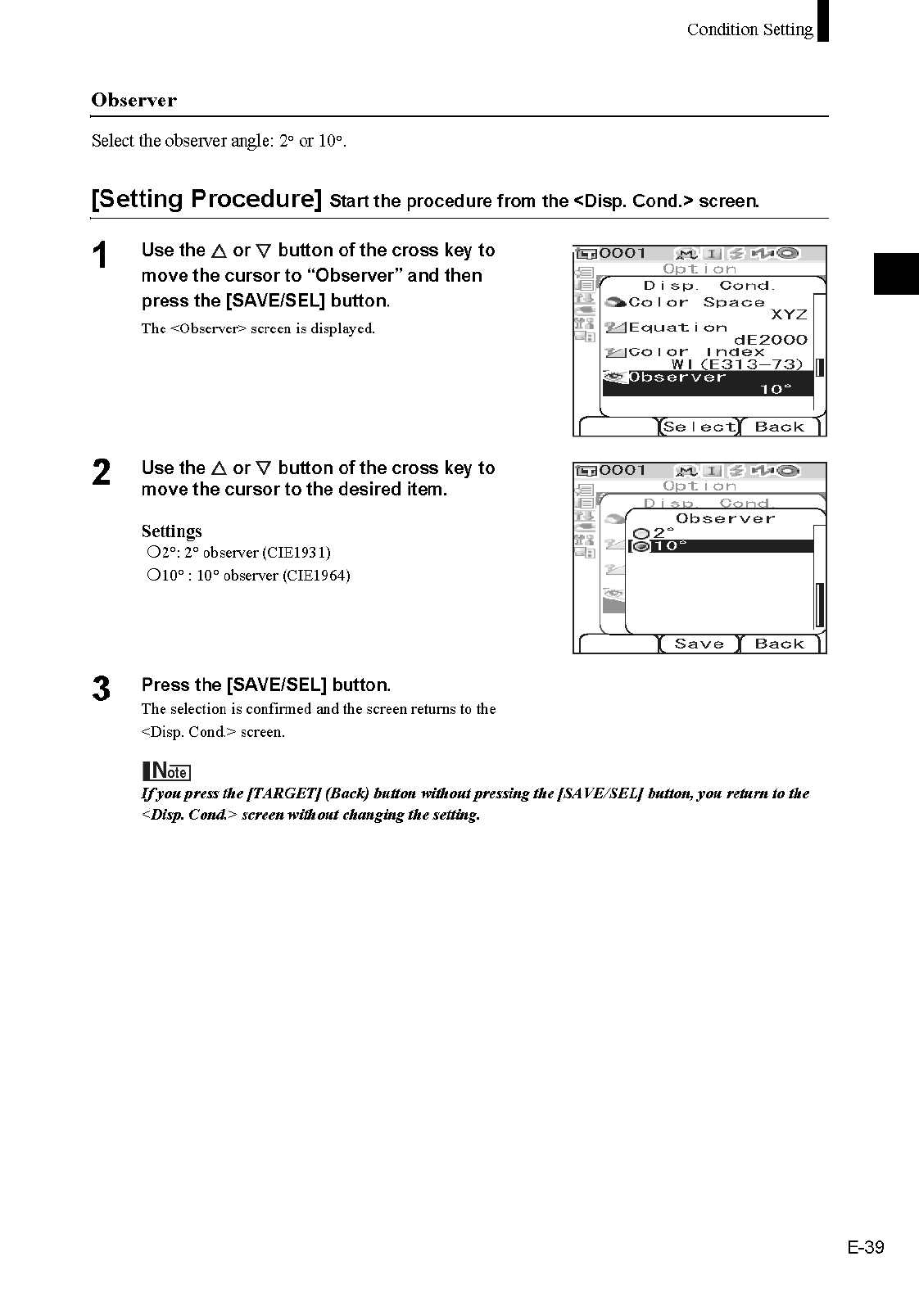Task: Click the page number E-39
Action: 866,1247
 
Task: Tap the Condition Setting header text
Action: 749,29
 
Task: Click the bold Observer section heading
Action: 134,100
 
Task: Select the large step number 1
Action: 100,256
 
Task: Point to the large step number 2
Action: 101,473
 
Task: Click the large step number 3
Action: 101,689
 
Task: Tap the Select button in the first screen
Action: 699,427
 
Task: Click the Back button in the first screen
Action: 779,427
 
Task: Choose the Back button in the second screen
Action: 779,644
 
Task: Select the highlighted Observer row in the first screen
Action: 708,382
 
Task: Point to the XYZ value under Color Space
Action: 788,314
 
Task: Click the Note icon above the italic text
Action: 166,771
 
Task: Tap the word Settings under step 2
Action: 171,531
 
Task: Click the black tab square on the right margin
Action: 896,273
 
